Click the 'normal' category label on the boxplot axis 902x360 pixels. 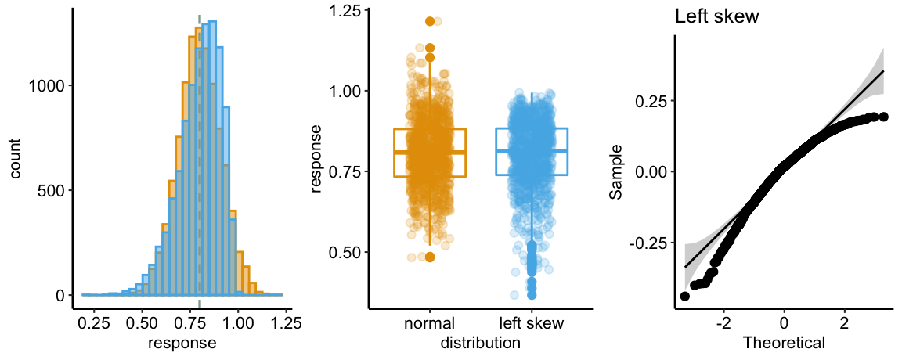click(x=430, y=323)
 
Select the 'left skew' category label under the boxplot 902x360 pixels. click(x=532, y=323)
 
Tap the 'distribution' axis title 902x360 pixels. click(x=481, y=342)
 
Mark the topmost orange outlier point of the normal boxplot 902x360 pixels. click(x=430, y=22)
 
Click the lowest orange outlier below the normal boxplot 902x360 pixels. click(x=430, y=257)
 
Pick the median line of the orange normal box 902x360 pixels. click(x=430, y=152)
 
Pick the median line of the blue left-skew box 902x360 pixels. click(x=532, y=150)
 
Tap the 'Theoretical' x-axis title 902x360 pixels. click(x=783, y=342)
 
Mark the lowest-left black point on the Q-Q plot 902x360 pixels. click(x=685, y=296)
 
